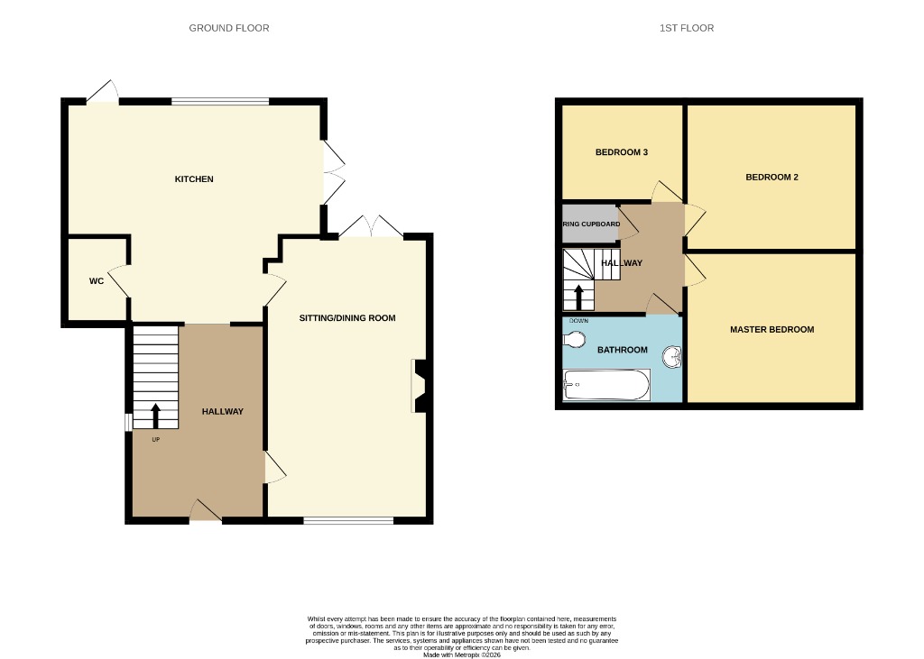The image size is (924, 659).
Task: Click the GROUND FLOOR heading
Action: pos(228,28)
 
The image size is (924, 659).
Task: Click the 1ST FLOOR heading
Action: pos(686,28)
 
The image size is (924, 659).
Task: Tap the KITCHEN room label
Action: pos(194,179)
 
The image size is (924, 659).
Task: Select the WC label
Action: pos(97,281)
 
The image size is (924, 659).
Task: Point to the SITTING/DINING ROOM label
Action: pos(347,318)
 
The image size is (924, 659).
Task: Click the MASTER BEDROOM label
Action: pos(772,330)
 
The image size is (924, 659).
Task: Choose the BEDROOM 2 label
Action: pos(772,178)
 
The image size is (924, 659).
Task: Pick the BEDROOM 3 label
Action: pos(622,152)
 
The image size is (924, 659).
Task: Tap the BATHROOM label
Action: pos(622,350)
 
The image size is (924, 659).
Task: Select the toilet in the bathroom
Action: pos(576,340)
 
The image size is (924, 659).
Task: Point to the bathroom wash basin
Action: pos(672,358)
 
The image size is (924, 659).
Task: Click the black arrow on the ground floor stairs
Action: pos(155,416)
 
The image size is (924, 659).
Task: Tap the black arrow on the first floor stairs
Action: pos(578,295)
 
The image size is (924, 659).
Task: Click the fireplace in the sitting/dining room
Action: pos(420,386)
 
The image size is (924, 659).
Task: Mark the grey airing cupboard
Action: pos(590,224)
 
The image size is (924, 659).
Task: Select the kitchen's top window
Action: pos(220,101)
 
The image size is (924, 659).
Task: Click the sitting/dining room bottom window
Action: pos(348,520)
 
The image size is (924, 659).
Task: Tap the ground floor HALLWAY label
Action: pos(222,412)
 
